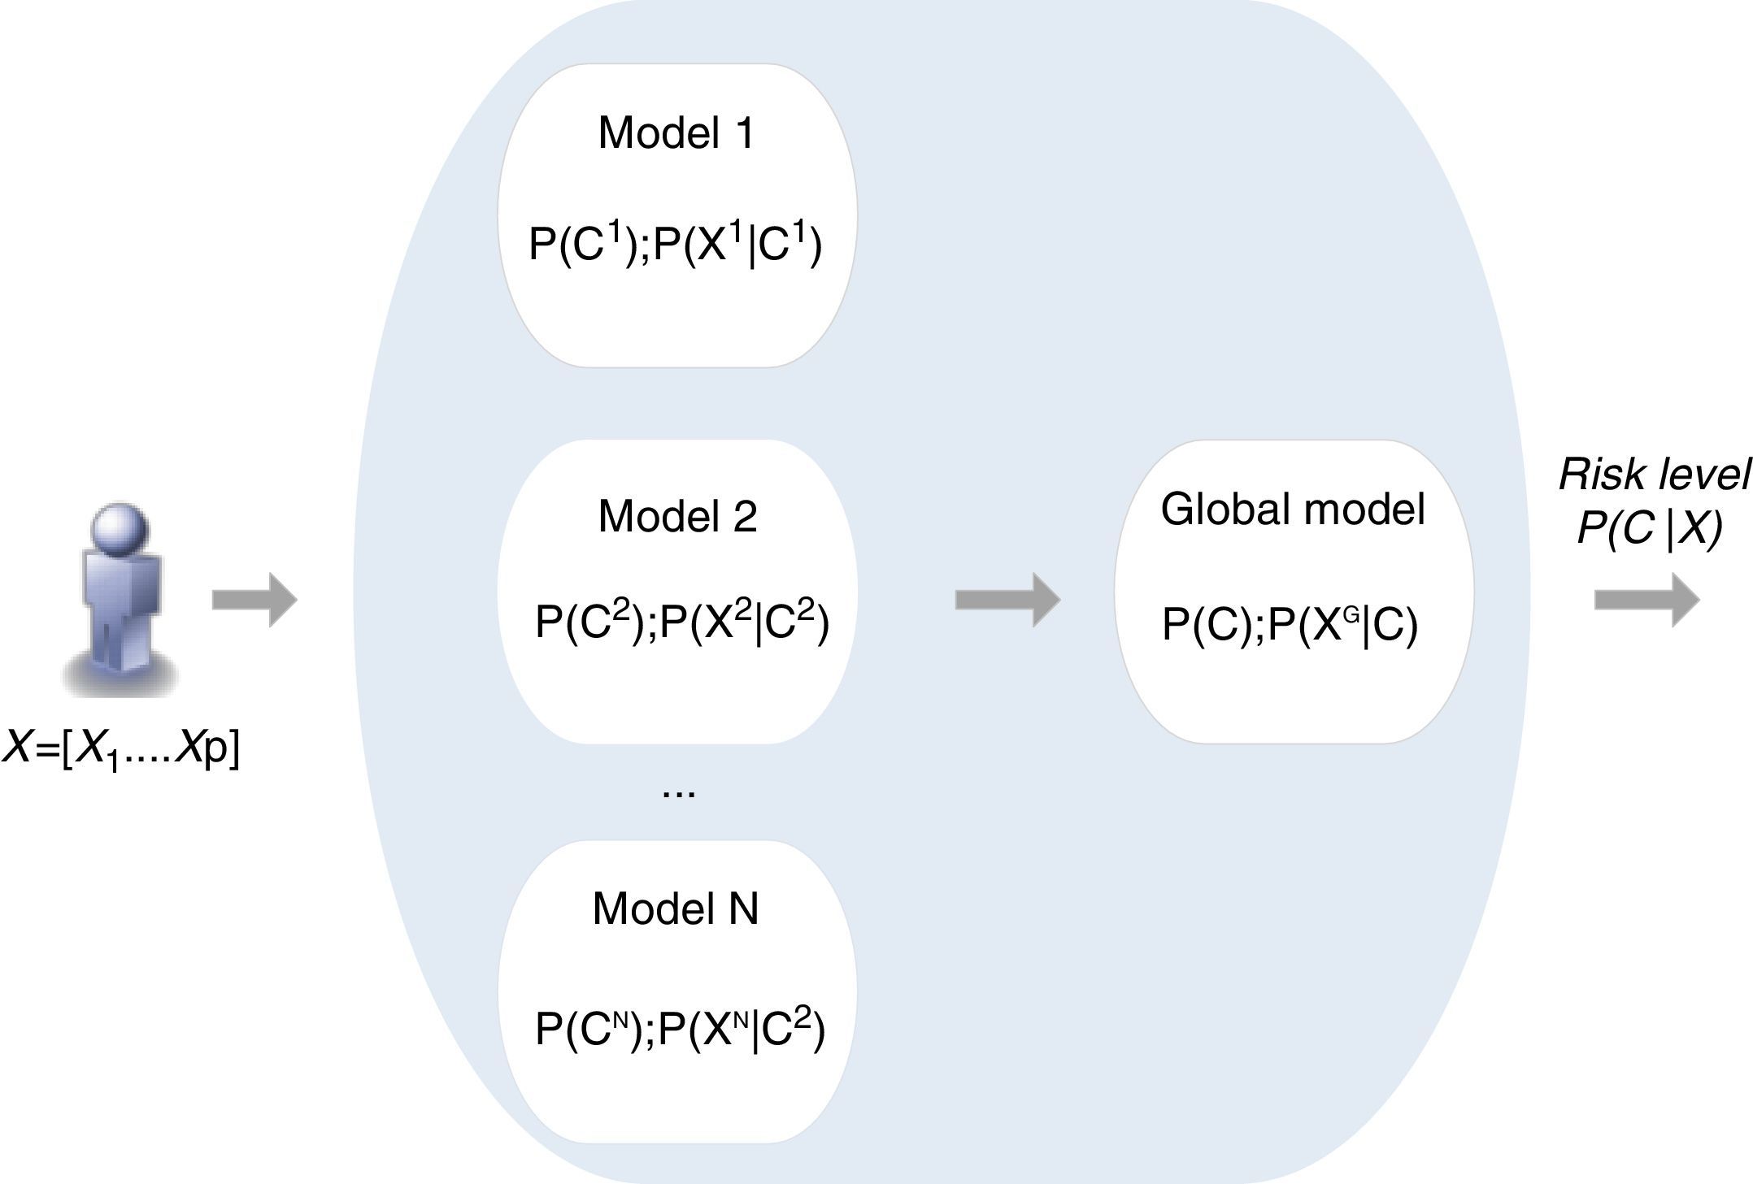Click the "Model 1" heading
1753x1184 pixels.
coord(676,133)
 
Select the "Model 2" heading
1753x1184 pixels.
coord(677,517)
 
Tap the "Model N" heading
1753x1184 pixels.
coord(676,909)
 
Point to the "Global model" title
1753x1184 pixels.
coord(1293,510)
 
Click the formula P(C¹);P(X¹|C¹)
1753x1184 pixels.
coord(676,244)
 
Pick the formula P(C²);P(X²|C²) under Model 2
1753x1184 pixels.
coord(681,623)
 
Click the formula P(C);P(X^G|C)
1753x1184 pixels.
coord(1290,626)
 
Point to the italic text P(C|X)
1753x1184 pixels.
coord(1649,530)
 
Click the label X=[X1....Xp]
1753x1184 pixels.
coord(122,749)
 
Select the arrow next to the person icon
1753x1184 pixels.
coord(254,601)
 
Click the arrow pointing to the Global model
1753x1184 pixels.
coord(1007,600)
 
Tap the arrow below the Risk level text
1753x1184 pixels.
coord(1646,601)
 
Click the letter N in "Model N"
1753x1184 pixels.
coord(743,909)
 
